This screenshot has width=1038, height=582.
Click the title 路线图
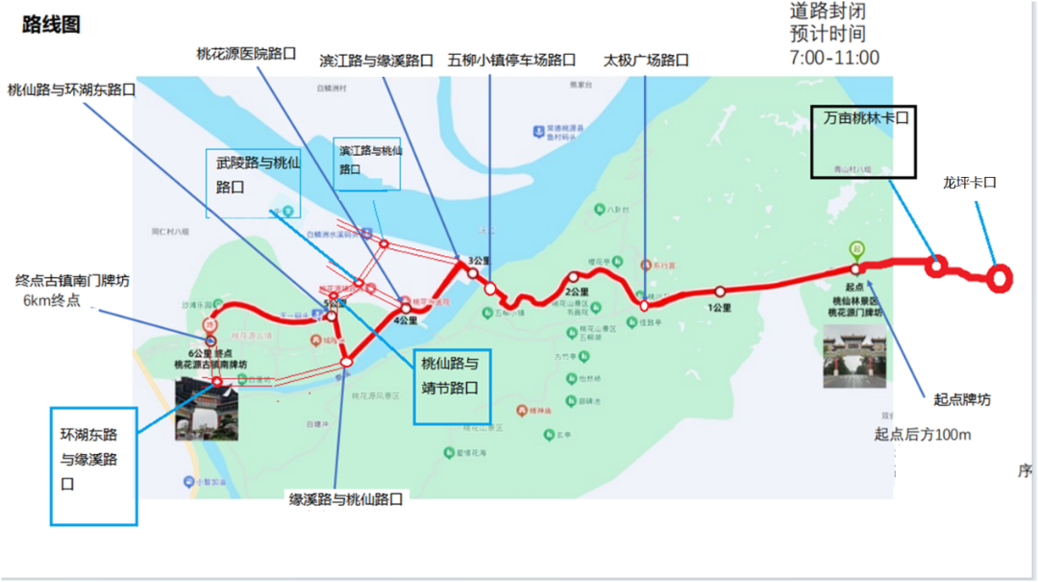coord(51,26)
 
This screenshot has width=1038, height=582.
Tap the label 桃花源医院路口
coord(246,54)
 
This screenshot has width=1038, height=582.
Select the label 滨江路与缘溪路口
coord(377,61)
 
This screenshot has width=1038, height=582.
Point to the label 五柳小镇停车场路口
coord(511,61)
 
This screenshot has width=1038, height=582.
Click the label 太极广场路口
coord(646,61)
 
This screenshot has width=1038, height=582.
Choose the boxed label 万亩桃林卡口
coord(865,117)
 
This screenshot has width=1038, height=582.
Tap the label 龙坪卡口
coord(969,182)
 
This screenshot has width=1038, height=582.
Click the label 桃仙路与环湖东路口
coord(71,89)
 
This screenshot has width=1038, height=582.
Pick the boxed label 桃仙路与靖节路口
coord(452,376)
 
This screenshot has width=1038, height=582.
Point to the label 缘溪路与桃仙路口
coord(347,499)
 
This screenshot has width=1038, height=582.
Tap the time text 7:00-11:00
coord(834,58)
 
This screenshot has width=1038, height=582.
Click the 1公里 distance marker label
coord(720,308)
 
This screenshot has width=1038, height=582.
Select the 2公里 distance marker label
coord(577,291)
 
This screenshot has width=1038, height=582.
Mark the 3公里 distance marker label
coord(480,261)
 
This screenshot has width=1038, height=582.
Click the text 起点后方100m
coord(923,435)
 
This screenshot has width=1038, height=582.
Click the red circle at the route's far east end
coord(1000,278)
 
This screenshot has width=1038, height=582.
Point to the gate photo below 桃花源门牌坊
coord(853,356)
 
